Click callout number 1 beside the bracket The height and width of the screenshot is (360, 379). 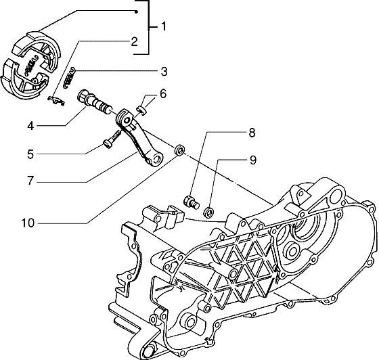click(x=164, y=26)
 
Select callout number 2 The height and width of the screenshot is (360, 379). click(x=134, y=42)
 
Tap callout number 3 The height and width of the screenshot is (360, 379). click(x=164, y=72)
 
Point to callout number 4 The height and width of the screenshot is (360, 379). click(x=30, y=126)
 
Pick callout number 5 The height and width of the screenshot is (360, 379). click(x=30, y=154)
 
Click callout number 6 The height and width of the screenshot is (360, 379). click(x=163, y=93)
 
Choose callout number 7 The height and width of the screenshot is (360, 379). click(x=30, y=181)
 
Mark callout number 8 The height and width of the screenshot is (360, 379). click(x=252, y=133)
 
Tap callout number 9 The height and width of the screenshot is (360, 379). click(x=252, y=160)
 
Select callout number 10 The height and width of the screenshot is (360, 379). click(x=28, y=223)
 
